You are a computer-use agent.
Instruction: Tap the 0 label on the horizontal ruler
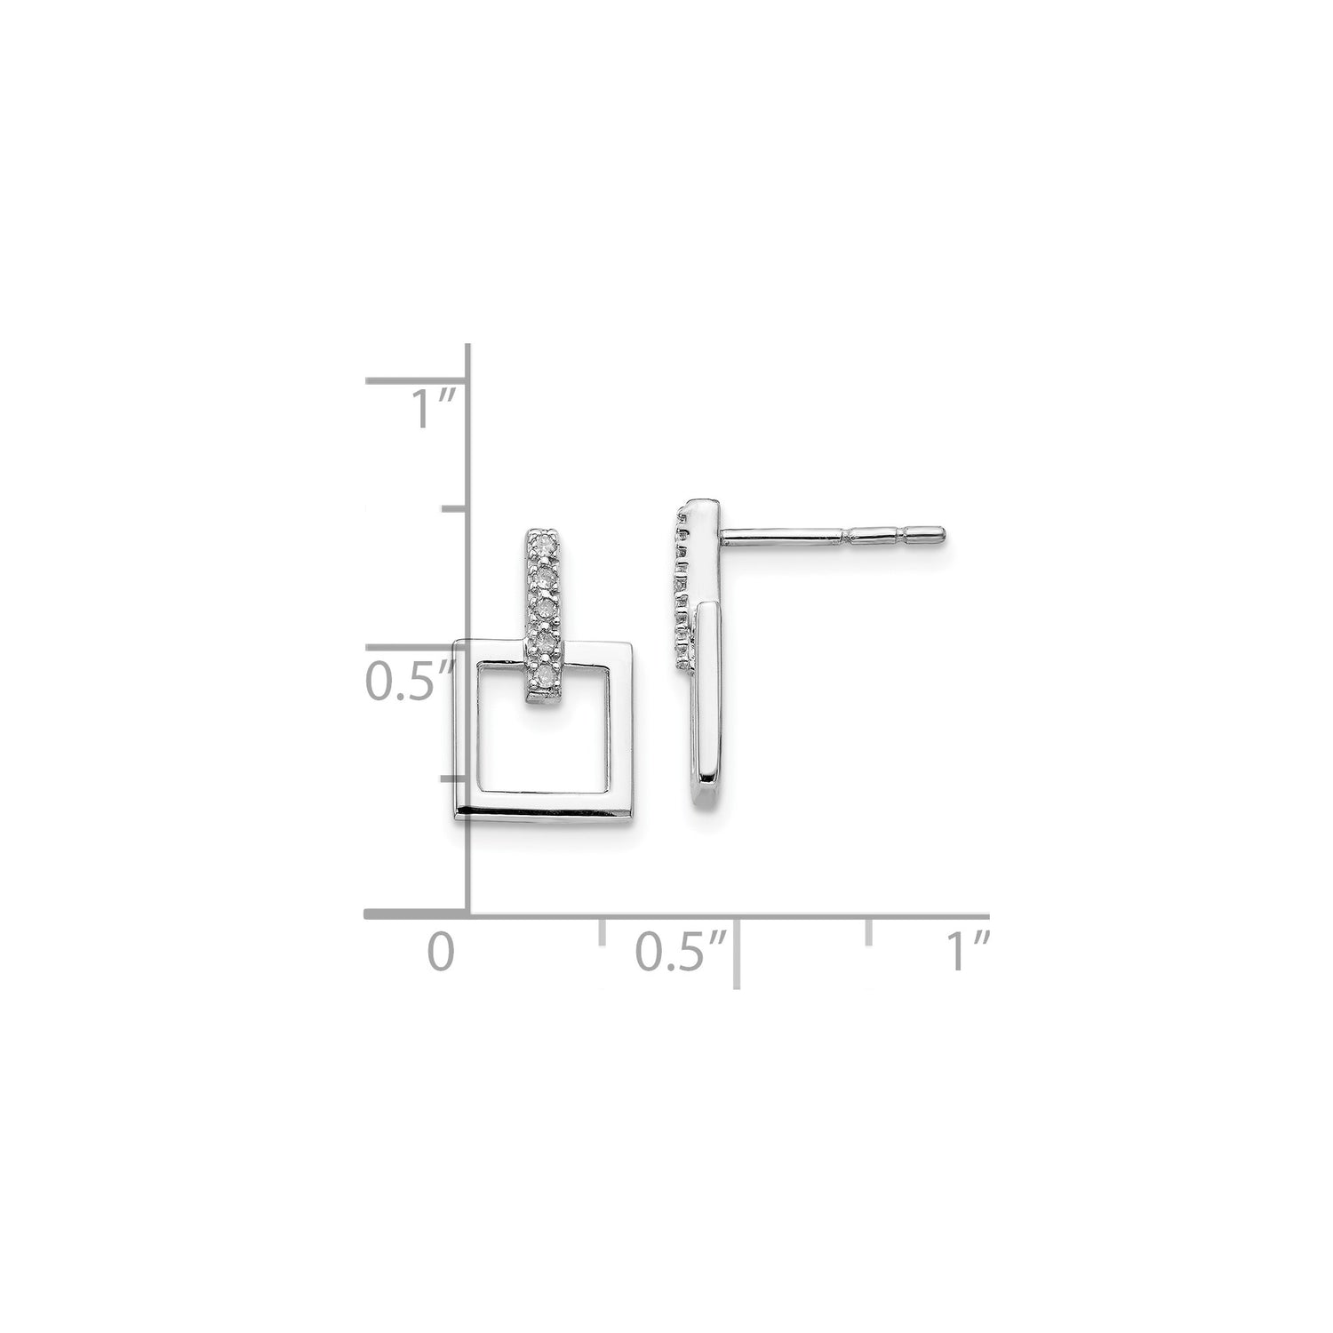pyautogui.click(x=441, y=953)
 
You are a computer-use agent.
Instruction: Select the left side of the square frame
pyautogui.click(x=467, y=729)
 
